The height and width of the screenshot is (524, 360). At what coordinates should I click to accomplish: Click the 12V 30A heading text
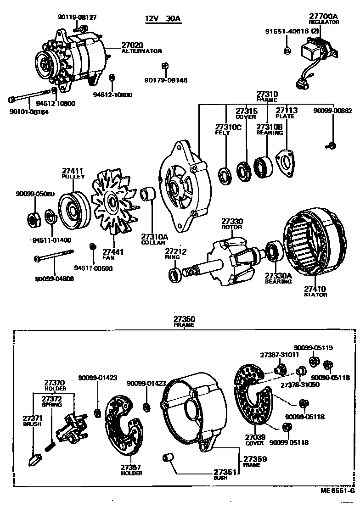(163, 19)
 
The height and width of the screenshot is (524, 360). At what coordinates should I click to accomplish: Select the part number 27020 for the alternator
(132, 45)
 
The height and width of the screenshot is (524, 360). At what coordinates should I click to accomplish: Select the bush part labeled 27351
(168, 458)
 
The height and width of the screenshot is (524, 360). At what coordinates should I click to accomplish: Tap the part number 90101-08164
(28, 111)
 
